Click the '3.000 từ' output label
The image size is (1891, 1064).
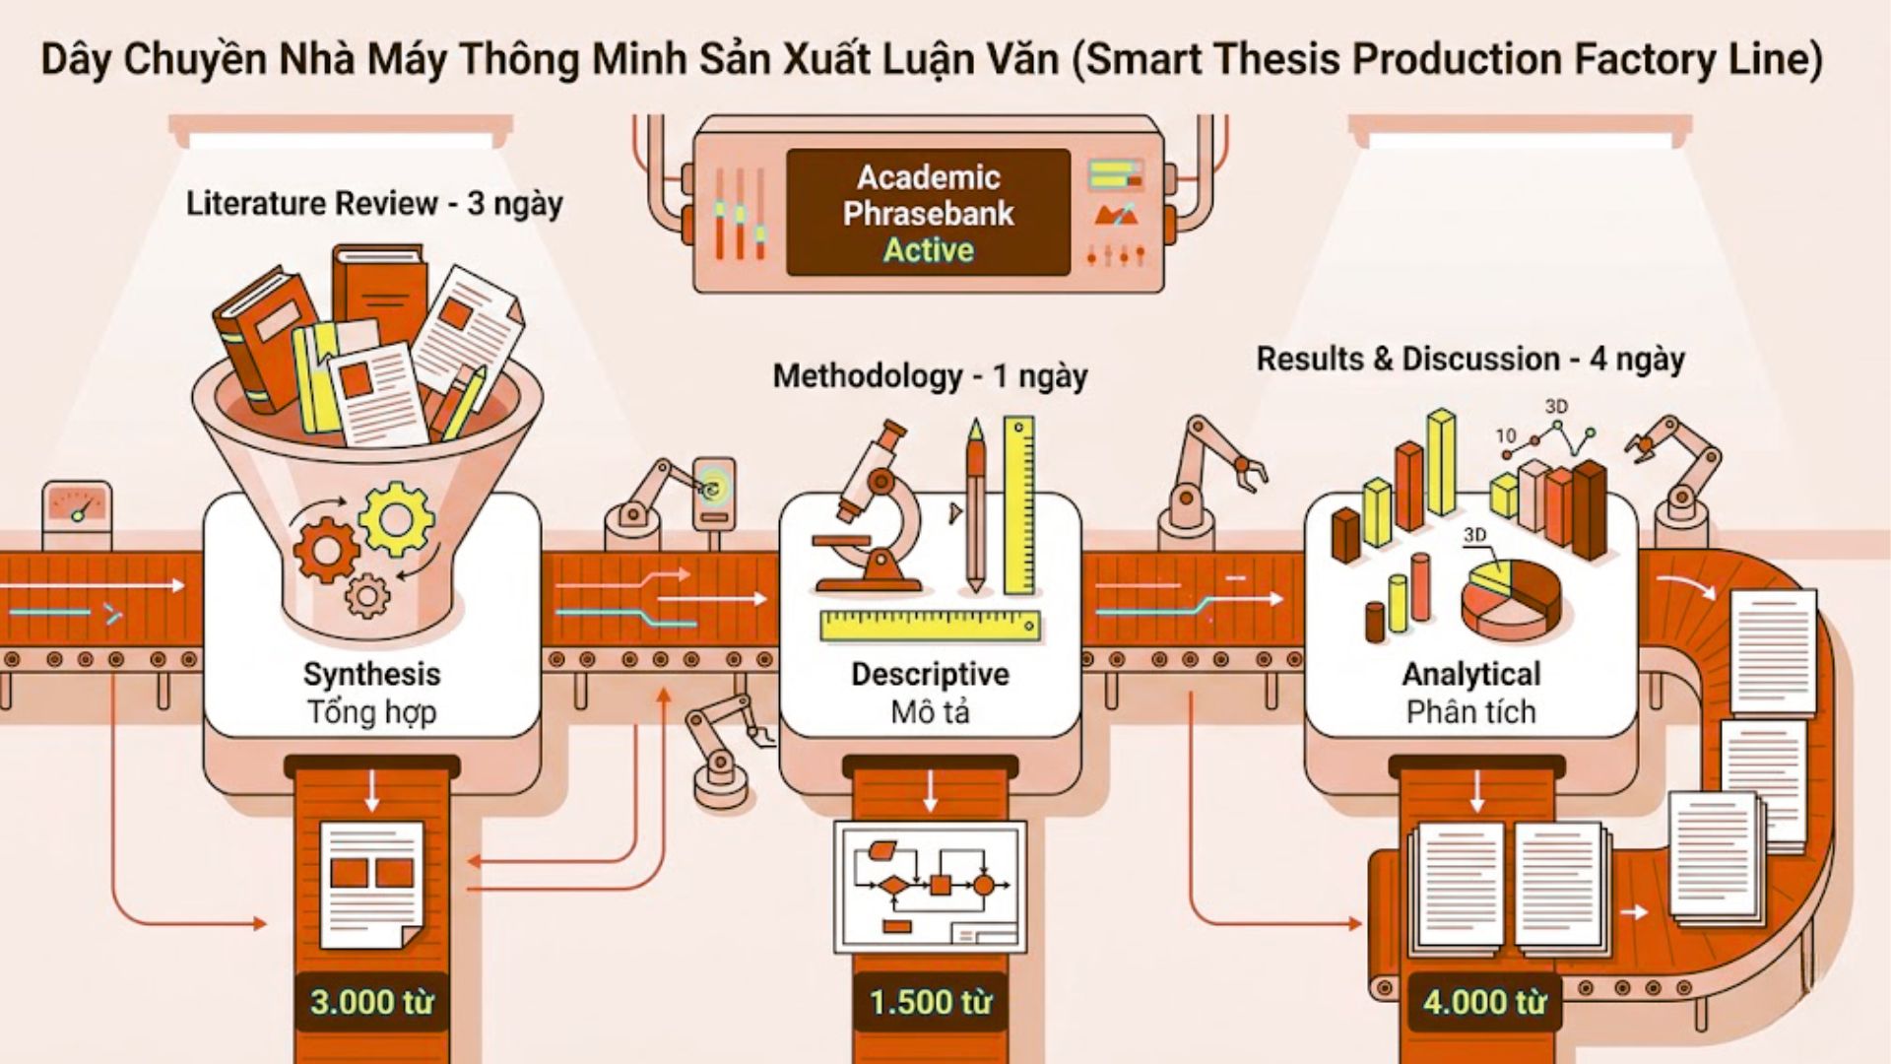coord(372,1002)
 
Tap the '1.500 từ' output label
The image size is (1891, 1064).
coord(931,1002)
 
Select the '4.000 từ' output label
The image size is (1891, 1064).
coord(1485,1002)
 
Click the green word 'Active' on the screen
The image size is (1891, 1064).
coord(928,250)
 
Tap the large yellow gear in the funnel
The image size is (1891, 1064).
coord(396,519)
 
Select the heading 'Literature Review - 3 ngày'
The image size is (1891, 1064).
coord(374,204)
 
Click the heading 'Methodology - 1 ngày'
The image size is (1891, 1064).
coord(930,376)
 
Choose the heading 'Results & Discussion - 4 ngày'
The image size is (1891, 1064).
coord(1470,360)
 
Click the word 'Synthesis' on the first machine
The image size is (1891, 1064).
coord(371,674)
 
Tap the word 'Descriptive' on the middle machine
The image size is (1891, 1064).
coord(931,674)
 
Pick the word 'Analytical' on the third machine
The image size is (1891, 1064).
coord(1471,674)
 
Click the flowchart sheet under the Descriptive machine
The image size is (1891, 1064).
coord(930,888)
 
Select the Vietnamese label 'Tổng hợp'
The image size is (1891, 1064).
coord(371,711)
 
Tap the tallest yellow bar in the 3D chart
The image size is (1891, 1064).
coord(1441,462)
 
